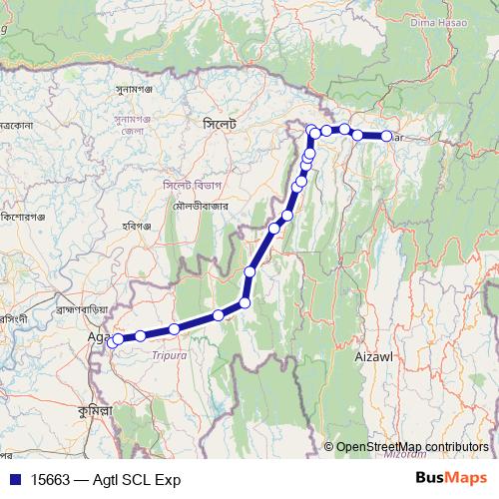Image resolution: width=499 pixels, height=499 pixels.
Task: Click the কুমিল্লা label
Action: pyautogui.click(x=96, y=410)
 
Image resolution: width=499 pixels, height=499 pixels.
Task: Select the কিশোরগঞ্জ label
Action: pyautogui.click(x=27, y=218)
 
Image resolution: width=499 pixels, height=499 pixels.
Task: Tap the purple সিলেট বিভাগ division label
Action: pyautogui.click(x=187, y=185)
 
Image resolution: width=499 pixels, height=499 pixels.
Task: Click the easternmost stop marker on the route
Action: pyautogui.click(x=387, y=136)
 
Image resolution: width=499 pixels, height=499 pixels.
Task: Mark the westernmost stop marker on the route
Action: pyautogui.click(x=118, y=339)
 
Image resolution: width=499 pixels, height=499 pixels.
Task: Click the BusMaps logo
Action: pyautogui.click(x=452, y=478)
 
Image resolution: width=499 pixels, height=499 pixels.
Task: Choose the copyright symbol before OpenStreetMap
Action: pyautogui.click(x=329, y=446)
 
